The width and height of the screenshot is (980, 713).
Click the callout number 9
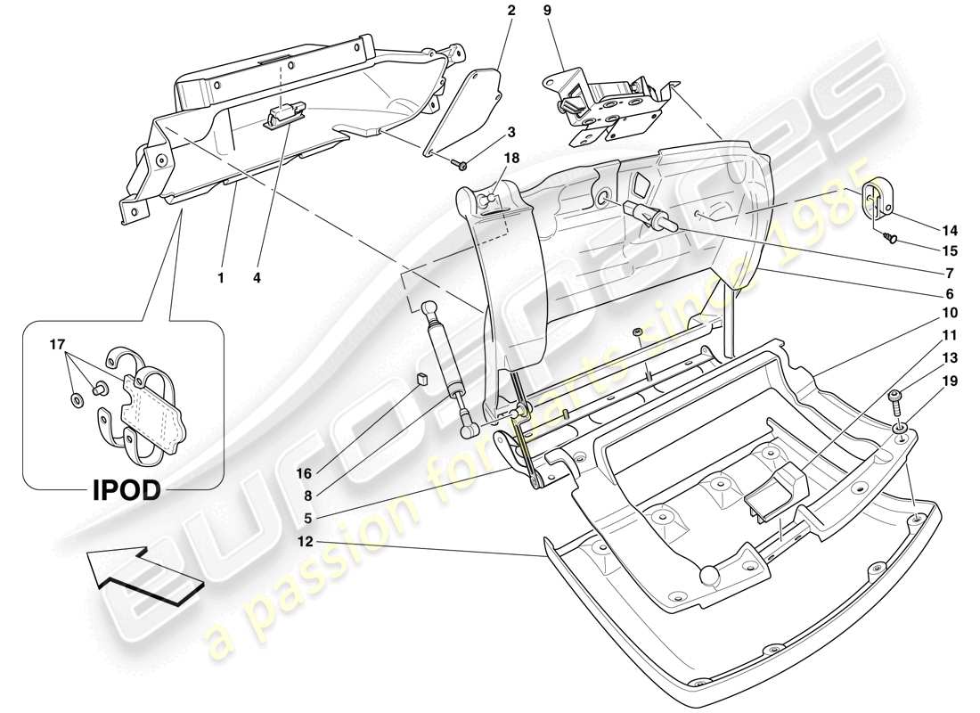[x=548, y=12]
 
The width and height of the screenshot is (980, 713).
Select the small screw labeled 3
[x=462, y=164]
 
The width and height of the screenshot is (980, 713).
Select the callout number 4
[x=257, y=278]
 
